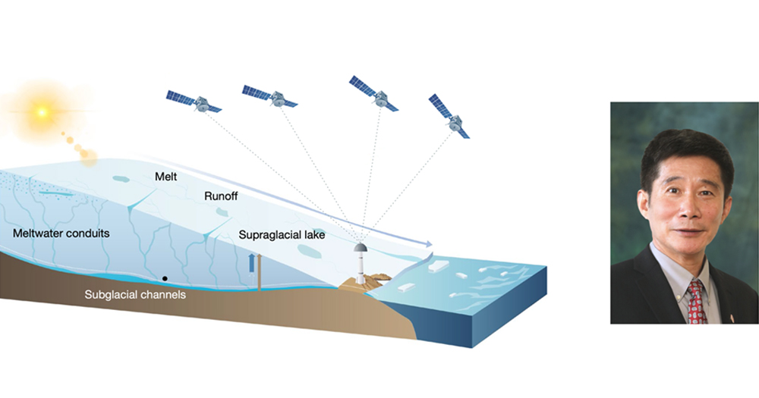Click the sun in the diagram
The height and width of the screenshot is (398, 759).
point(42,112)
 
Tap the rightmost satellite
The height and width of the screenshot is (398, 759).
point(450,116)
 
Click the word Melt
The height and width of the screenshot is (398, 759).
point(166,176)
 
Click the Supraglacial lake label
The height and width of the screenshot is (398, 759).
point(282,236)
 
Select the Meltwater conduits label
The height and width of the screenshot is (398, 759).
point(61,233)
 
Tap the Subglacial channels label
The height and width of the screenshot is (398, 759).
point(135,294)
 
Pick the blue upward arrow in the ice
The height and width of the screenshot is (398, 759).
point(252,262)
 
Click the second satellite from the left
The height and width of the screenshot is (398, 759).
point(270,96)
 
